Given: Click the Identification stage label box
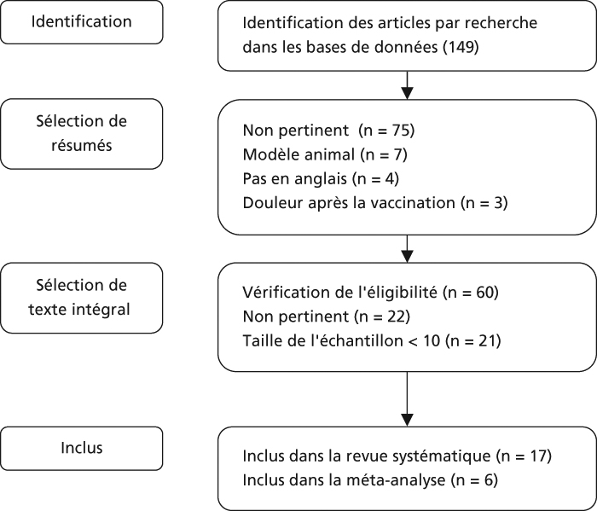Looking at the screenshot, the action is click(82, 22).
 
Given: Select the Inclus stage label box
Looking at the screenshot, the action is click(82, 448).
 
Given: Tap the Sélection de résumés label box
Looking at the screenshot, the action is click(82, 134).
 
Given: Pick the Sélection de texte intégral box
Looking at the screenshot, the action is click(82, 298).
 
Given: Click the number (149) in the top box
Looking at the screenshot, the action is click(461, 47).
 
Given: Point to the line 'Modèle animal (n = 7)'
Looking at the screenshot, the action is click(325, 154).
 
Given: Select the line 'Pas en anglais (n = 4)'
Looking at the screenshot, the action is click(321, 178).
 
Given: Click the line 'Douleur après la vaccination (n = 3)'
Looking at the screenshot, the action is click(375, 202).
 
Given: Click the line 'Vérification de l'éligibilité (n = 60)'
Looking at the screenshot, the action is click(371, 292).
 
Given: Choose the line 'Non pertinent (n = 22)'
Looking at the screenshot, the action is click(327, 316).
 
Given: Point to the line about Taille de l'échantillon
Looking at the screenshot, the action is click(372, 340).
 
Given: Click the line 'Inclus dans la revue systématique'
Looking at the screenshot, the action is click(397, 456).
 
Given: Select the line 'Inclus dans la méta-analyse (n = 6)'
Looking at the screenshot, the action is click(370, 479).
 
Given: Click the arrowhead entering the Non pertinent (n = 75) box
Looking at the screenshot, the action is click(408, 93).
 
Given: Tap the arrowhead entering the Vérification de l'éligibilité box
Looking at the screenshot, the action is click(408, 256).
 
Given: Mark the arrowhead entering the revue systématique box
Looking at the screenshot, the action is click(408, 420).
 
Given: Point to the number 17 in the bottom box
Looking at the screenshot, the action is click(535, 456).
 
